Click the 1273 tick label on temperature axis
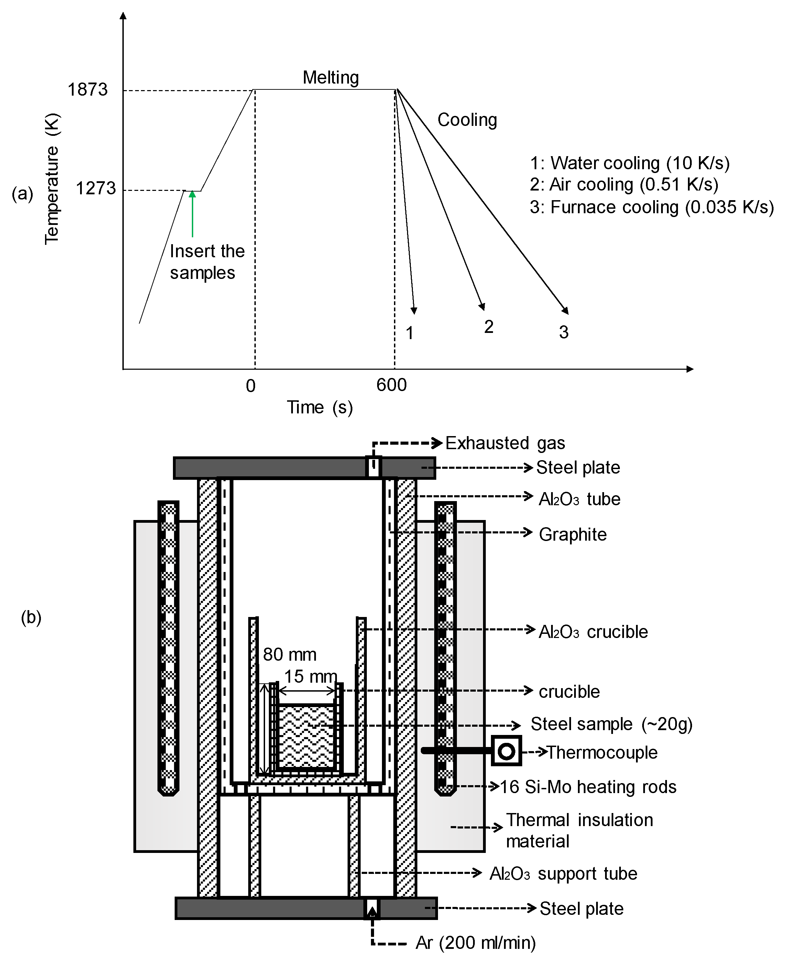click(x=96, y=188)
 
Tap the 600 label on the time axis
click(x=391, y=385)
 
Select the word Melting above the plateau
click(x=330, y=77)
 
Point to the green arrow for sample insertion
click(x=192, y=214)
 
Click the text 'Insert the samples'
click(x=207, y=262)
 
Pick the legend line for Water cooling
click(x=629, y=163)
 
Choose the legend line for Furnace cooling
click(x=651, y=207)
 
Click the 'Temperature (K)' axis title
click(x=52, y=179)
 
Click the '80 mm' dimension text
click(x=289, y=655)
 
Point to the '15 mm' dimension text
click(x=310, y=676)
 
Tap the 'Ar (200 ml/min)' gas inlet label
click(x=475, y=943)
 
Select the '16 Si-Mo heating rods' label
click(x=588, y=787)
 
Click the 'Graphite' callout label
click(x=573, y=535)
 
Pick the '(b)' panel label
click(x=31, y=618)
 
